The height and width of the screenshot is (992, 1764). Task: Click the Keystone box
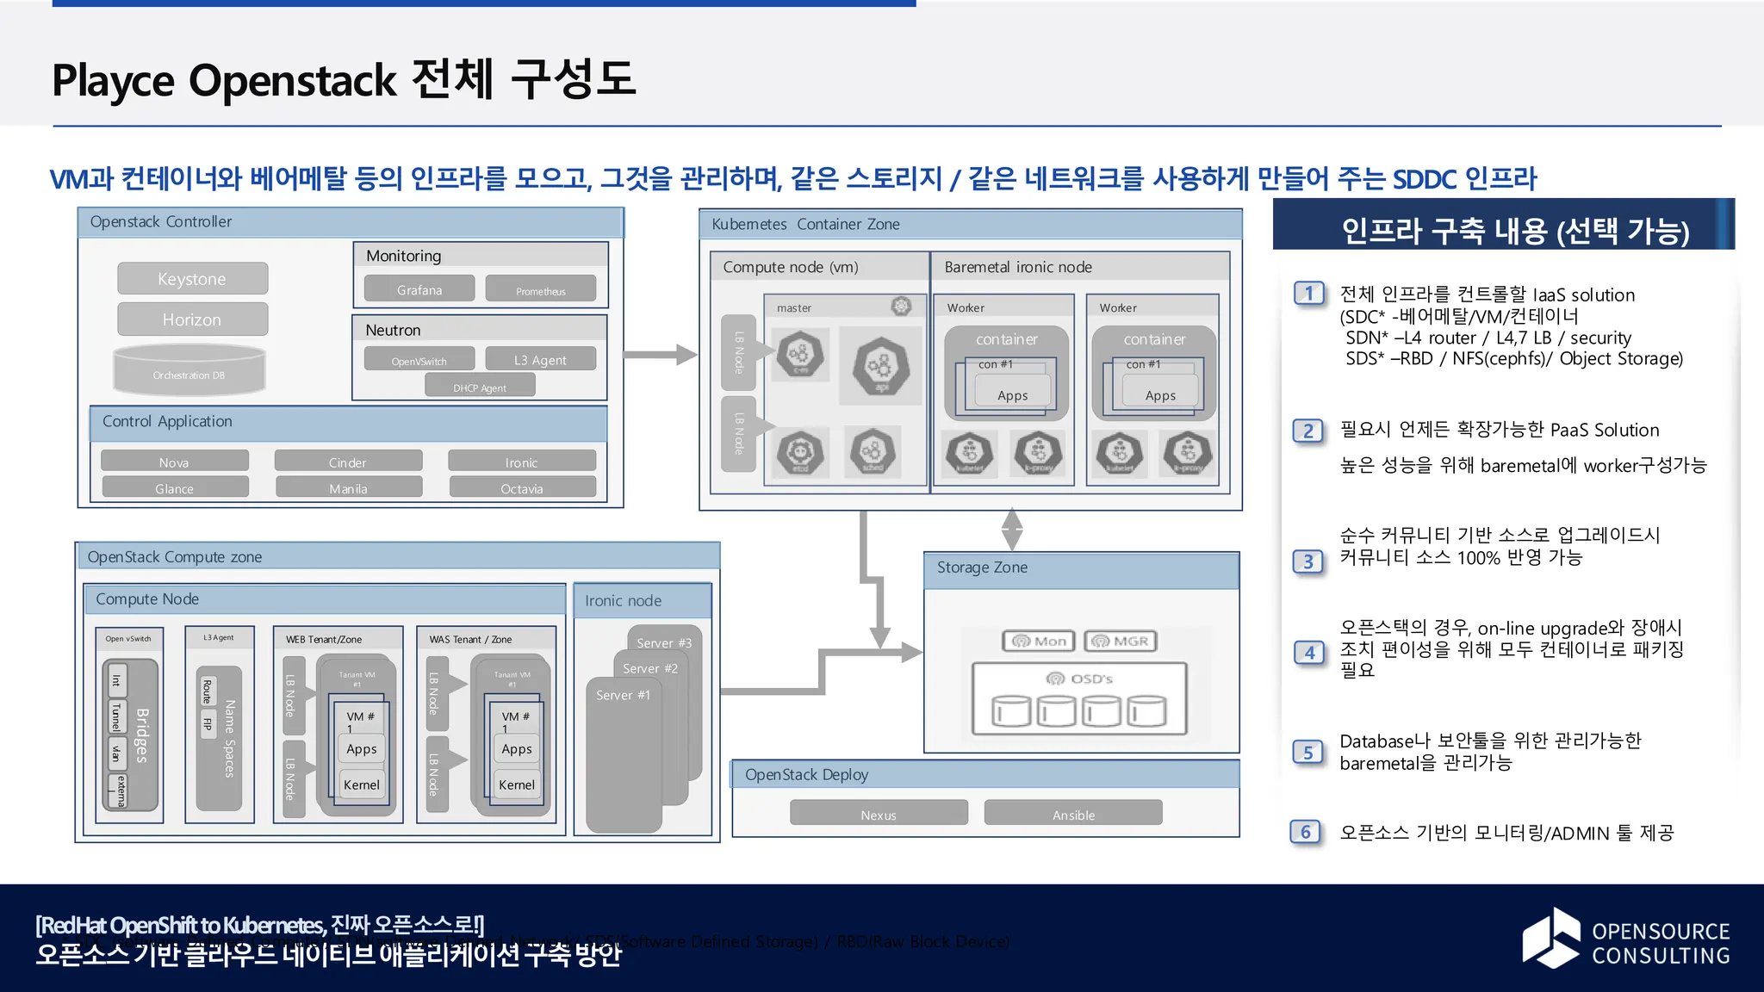(192, 279)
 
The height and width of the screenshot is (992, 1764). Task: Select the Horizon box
(192, 319)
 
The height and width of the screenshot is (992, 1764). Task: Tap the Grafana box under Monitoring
(419, 289)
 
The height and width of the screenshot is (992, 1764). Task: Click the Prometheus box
(540, 290)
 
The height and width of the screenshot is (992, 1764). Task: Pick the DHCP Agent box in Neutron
(480, 387)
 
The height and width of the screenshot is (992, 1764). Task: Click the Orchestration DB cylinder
(189, 370)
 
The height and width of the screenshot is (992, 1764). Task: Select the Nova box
(174, 462)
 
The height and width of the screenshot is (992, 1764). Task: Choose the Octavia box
(522, 488)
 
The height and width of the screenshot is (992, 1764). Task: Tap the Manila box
(348, 488)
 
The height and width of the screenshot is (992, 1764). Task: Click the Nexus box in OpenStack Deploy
(879, 814)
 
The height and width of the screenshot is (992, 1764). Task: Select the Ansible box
(1073, 814)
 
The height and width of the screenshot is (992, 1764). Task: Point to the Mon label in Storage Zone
(1039, 641)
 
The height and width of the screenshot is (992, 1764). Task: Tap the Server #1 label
(624, 695)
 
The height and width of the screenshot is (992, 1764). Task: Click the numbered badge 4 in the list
(1308, 652)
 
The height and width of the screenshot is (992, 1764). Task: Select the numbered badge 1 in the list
(1308, 294)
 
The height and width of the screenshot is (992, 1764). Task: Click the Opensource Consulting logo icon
(1551, 938)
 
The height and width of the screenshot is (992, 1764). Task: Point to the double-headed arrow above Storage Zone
(1012, 528)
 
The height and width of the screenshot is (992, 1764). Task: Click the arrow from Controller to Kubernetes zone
(659, 355)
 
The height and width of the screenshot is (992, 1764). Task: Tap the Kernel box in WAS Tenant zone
(517, 784)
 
